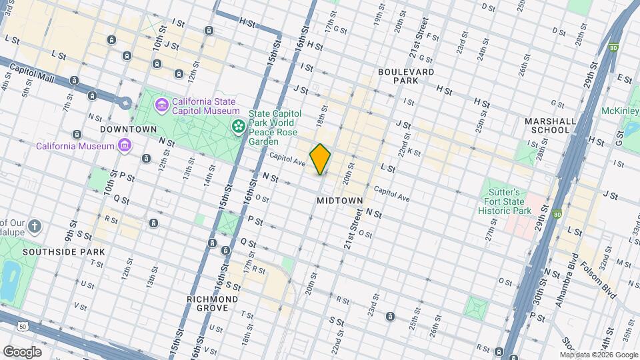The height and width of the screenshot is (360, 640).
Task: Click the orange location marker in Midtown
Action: [x=321, y=159]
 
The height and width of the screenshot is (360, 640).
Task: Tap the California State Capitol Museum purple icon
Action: [x=161, y=105]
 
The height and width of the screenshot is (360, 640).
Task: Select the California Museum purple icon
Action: [x=124, y=145]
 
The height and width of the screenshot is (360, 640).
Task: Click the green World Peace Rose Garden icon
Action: [x=237, y=125]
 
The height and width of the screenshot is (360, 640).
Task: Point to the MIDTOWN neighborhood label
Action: [x=340, y=200]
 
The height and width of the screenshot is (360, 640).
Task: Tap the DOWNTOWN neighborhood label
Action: [x=128, y=129]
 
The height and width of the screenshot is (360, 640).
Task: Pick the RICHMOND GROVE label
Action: [x=213, y=304]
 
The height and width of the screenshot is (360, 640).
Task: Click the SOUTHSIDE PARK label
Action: [x=64, y=253]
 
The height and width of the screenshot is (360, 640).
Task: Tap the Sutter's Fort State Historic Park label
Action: [x=505, y=201]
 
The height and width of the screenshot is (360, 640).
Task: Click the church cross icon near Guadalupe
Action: [x=35, y=227]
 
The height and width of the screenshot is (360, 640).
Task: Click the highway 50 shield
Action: [x=23, y=326]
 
